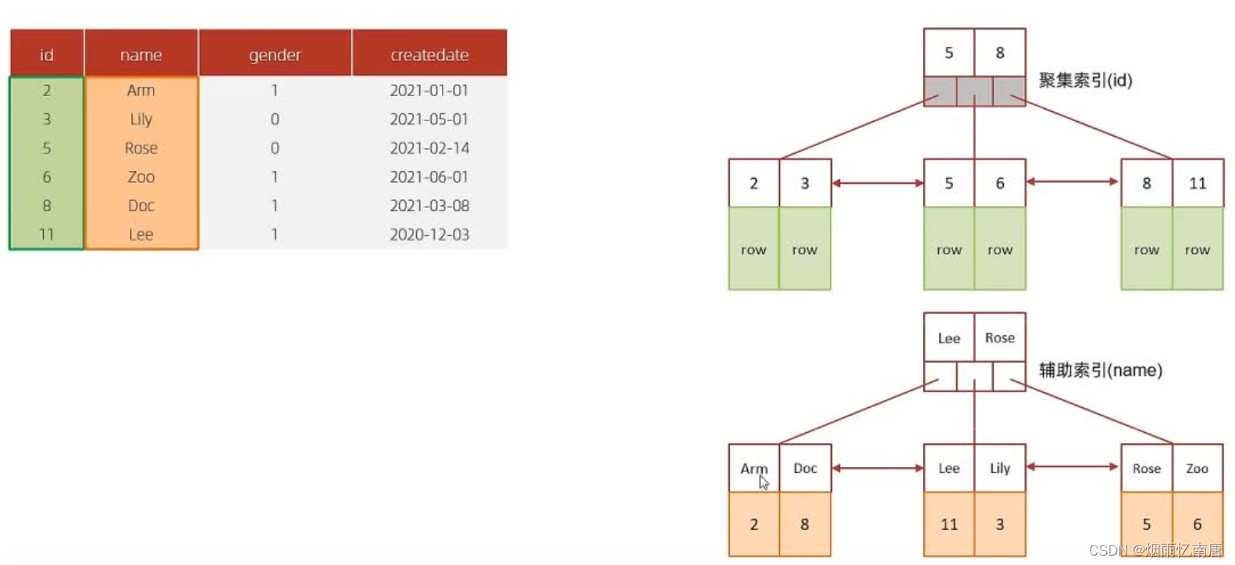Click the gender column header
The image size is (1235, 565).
click(x=275, y=55)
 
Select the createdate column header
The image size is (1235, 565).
click(x=429, y=55)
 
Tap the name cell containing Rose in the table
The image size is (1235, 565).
click(x=141, y=148)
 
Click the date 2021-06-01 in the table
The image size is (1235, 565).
click(x=429, y=177)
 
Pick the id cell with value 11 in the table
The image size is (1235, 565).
click(x=47, y=234)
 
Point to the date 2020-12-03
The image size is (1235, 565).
click(x=429, y=234)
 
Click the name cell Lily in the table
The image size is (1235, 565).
click(x=141, y=119)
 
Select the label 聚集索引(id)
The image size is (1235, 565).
click(x=1085, y=80)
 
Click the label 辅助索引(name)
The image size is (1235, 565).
click(x=1100, y=370)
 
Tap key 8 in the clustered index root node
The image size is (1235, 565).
click(x=1000, y=53)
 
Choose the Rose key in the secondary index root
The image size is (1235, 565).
click(x=1000, y=338)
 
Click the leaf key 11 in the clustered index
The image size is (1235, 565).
click(x=1198, y=184)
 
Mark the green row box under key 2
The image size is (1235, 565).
click(x=753, y=249)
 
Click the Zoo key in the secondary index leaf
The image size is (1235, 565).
click(x=1198, y=469)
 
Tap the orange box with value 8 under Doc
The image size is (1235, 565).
click(x=805, y=524)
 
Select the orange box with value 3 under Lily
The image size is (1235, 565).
click(x=1000, y=524)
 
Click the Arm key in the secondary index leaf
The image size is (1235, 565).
click(x=753, y=468)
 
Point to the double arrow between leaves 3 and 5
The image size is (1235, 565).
click(x=877, y=183)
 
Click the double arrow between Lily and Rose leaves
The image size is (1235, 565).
click(x=1073, y=467)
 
